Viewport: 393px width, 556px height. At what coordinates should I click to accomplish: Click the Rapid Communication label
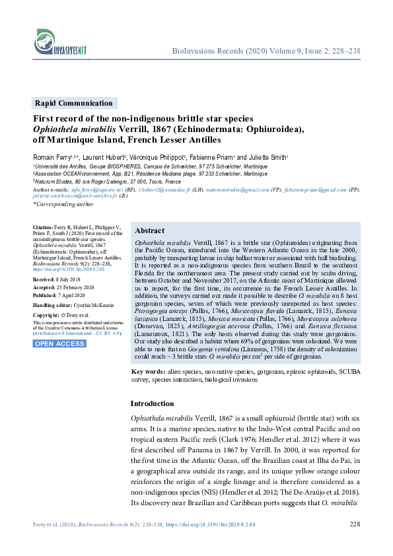click(73, 103)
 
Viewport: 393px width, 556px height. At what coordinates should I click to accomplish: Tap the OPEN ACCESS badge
click(59, 343)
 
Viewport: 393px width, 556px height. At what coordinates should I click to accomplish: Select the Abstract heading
click(149, 231)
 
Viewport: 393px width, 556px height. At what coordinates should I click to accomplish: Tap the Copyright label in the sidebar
click(46, 316)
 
